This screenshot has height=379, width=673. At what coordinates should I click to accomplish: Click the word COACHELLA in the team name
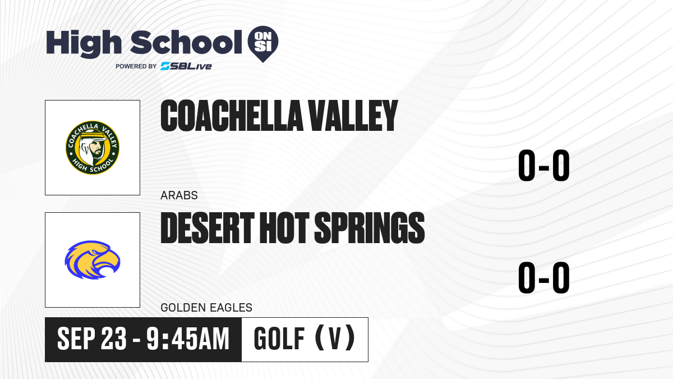(232, 116)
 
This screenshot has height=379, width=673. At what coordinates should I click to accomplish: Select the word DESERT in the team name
(208, 228)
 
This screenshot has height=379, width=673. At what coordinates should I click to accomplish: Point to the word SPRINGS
(370, 228)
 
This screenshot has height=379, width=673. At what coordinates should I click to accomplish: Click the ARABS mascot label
(179, 195)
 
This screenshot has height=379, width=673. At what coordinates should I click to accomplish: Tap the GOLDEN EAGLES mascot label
(206, 308)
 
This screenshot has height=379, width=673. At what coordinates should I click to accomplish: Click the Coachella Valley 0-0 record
(544, 166)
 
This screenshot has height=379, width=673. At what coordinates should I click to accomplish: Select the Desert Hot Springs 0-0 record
(544, 277)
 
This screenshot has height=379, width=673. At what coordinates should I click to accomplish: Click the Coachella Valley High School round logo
(93, 148)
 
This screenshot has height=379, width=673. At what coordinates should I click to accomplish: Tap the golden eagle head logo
(93, 260)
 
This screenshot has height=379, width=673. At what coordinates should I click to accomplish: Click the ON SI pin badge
(263, 44)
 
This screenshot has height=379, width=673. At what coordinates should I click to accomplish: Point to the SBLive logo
(186, 66)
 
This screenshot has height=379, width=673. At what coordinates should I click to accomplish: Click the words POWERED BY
(136, 66)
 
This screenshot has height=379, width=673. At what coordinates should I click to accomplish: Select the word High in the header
(84, 44)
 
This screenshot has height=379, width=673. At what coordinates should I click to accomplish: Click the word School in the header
(186, 42)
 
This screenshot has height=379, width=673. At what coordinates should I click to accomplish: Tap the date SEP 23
(92, 339)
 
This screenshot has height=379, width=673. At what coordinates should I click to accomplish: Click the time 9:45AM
(188, 339)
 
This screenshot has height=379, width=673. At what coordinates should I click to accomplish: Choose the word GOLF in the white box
(279, 339)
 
